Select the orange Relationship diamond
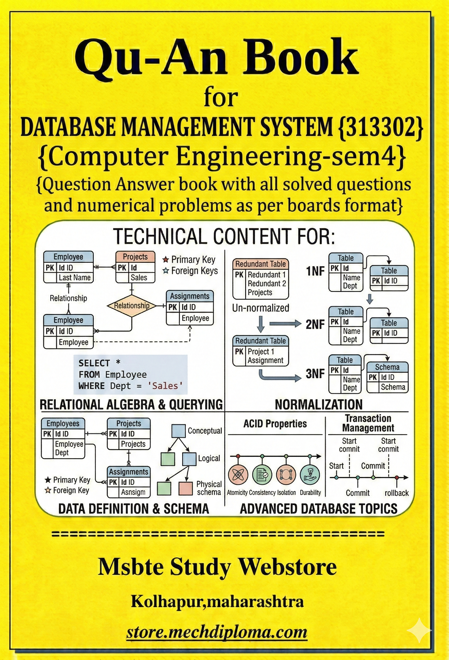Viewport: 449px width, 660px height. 132,306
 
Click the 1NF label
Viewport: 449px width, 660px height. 315,271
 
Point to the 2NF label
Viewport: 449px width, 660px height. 315,324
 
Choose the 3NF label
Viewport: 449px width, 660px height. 315,374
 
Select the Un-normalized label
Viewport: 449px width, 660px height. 261,308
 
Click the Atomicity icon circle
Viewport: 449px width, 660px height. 238,475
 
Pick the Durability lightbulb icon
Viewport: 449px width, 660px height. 310,475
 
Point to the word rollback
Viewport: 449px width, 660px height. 396,493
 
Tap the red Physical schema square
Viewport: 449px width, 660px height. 186,488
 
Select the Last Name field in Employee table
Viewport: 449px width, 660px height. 74,277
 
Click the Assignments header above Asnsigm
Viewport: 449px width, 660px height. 128,472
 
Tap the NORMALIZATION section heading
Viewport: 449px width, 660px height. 318,404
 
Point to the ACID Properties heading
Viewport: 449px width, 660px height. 275,424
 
